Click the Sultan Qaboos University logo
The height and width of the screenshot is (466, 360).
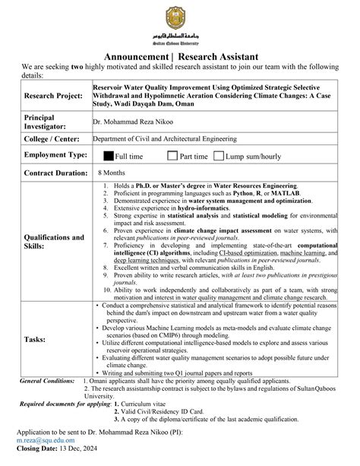pyautogui.click(x=181, y=24)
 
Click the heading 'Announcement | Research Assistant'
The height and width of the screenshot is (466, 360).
pyautogui.click(x=181, y=57)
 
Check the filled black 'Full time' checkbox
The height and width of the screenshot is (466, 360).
pyautogui.click(x=108, y=156)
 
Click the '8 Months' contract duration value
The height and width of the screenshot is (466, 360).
pyautogui.click(x=112, y=173)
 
